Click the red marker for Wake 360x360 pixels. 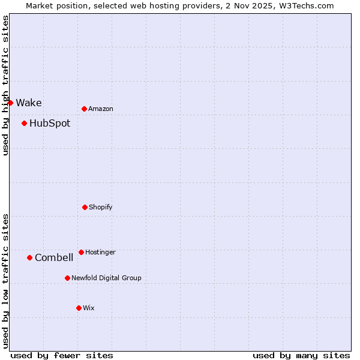pyautogui.click(x=10, y=103)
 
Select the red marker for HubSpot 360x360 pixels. pyautogui.click(x=24, y=124)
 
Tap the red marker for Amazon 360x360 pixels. pyautogui.click(x=84, y=109)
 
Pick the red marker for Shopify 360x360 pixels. pyautogui.click(x=85, y=207)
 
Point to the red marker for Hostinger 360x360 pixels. pyautogui.click(x=81, y=252)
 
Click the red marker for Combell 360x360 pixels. pyautogui.click(x=29, y=258)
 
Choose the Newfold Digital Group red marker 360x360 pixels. pyautogui.click(x=67, y=278)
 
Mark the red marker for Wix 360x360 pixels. pyautogui.click(x=79, y=308)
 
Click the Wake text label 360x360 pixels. pyautogui.click(x=29, y=103)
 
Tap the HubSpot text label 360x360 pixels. pyautogui.click(x=50, y=124)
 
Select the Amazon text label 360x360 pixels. pyautogui.click(x=101, y=109)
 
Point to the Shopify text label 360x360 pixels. pyautogui.click(x=101, y=207)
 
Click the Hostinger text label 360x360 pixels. pyautogui.click(x=100, y=252)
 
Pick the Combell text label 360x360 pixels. pyautogui.click(x=54, y=258)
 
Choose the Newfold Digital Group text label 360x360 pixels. pyautogui.click(x=106, y=278)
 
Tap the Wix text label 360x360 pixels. pyautogui.click(x=89, y=308)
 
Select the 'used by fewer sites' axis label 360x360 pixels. pyautogui.click(x=62, y=355)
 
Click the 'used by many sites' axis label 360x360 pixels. pyautogui.click(x=301, y=355)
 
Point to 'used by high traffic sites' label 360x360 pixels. pyautogui.click(x=5, y=85)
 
